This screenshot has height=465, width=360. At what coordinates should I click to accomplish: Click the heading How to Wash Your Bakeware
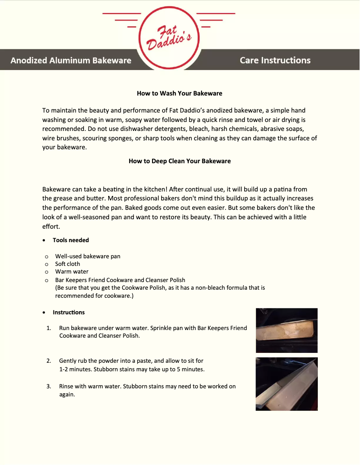coord(180,93)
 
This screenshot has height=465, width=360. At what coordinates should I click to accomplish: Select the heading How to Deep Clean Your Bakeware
coord(180,161)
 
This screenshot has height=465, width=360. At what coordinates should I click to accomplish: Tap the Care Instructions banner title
coord(275,60)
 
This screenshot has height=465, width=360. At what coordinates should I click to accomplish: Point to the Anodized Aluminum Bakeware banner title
coord(71,60)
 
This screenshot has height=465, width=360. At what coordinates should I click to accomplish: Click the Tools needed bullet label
coord(71,240)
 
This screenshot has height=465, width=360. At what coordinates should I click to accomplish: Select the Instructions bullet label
coord(69,312)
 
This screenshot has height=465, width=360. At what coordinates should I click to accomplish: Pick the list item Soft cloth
coord(67,264)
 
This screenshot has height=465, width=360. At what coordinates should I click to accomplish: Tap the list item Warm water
coord(72,272)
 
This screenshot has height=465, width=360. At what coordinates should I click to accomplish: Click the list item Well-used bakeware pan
coord(88,256)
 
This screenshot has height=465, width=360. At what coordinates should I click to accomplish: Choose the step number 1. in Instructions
coord(48,328)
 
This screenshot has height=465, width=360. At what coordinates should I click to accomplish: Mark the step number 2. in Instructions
coord(48,361)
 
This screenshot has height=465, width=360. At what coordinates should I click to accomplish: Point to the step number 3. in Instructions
coord(48,386)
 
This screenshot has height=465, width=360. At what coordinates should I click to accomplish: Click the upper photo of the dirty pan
coord(286,330)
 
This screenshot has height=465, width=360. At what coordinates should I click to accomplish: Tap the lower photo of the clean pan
coord(286,384)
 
